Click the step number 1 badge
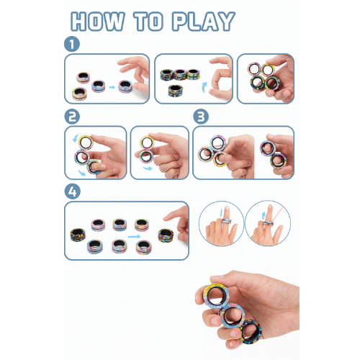click(x=71, y=44)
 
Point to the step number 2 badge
click(x=71, y=117)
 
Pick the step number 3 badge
click(x=201, y=117)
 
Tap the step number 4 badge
click(x=71, y=192)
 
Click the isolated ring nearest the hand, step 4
click(x=166, y=235)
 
